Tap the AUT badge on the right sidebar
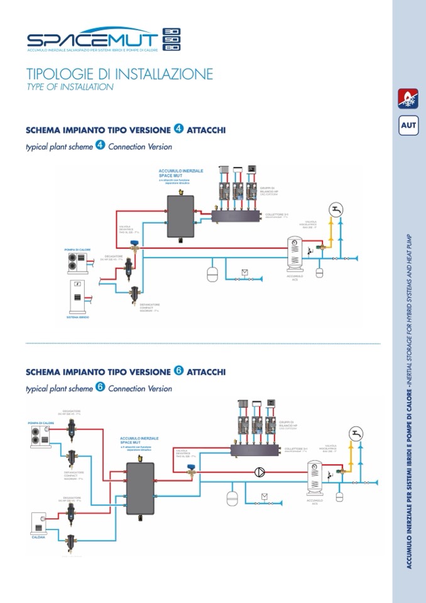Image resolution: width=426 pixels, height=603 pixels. pyautogui.click(x=408, y=125)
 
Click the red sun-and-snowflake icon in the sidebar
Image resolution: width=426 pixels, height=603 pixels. pyautogui.click(x=408, y=97)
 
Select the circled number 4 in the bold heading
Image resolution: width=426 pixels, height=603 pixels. pyautogui.click(x=178, y=129)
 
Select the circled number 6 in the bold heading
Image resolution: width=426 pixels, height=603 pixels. pyautogui.click(x=178, y=371)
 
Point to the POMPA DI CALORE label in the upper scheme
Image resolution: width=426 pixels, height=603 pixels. pyautogui.click(x=78, y=250)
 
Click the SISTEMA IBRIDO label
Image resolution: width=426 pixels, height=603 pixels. pyautogui.click(x=78, y=318)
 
